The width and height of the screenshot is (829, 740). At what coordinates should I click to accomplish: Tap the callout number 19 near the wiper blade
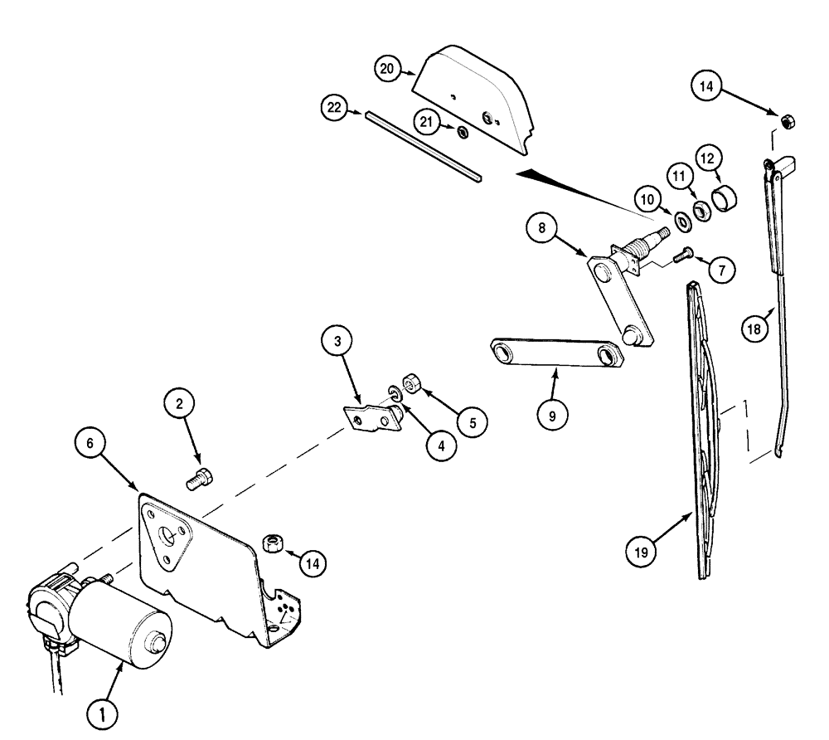[x=643, y=549]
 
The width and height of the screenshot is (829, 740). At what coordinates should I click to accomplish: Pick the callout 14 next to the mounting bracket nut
[x=312, y=564]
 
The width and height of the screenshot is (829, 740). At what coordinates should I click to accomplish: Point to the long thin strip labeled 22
[x=423, y=145]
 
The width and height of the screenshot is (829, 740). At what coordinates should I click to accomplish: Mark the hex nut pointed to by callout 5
[x=410, y=384]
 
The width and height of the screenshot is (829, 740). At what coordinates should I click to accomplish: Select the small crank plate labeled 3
[x=371, y=418]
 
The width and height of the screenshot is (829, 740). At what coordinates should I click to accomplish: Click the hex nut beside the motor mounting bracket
[x=273, y=544]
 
